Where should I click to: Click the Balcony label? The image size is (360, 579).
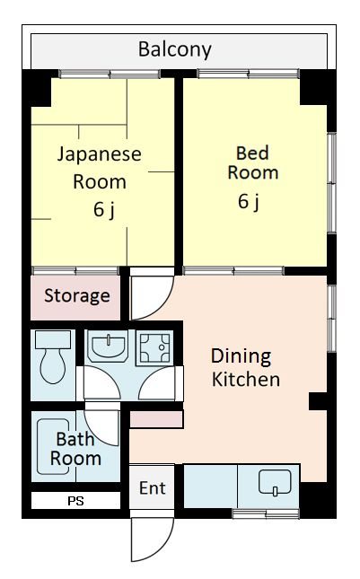[x=175, y=49]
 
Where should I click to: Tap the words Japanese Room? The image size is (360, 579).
[x=100, y=168]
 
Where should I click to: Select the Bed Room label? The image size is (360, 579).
[x=253, y=162]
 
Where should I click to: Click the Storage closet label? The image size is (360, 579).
[x=77, y=295]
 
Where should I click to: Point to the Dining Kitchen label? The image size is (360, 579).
[x=246, y=368]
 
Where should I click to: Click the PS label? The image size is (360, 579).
[x=75, y=501]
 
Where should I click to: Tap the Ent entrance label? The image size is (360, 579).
[x=152, y=488]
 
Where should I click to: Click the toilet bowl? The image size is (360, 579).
[x=53, y=366]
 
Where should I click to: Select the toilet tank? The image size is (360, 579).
[x=53, y=339]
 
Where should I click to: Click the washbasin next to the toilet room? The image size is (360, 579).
[x=108, y=347]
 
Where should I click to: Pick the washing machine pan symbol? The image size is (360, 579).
[x=155, y=347]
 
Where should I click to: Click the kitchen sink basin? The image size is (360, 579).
[x=275, y=482]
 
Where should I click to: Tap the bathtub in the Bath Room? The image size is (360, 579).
[x=53, y=446]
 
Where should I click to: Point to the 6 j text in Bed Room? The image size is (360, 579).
[x=249, y=202]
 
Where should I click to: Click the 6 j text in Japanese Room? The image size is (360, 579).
[x=104, y=210]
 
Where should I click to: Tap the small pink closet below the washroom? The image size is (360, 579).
[x=156, y=420]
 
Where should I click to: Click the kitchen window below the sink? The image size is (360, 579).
[x=266, y=513]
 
